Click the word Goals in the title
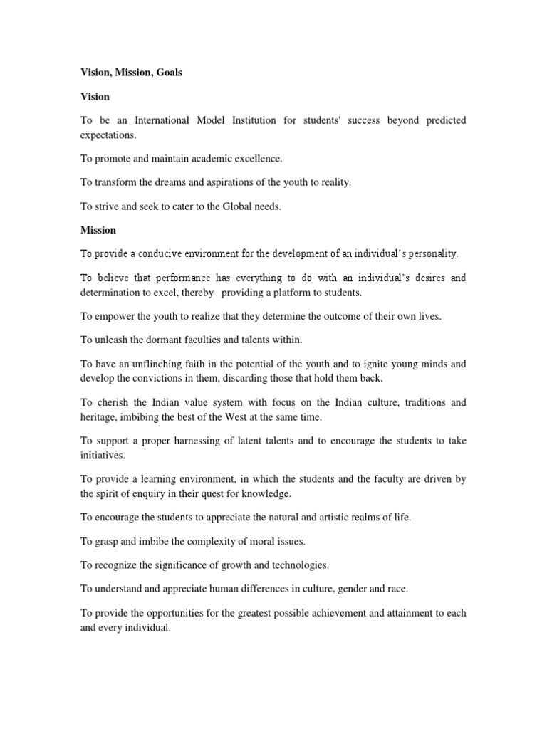pos(167,73)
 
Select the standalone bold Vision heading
pos(95,96)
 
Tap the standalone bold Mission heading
pos(98,230)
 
